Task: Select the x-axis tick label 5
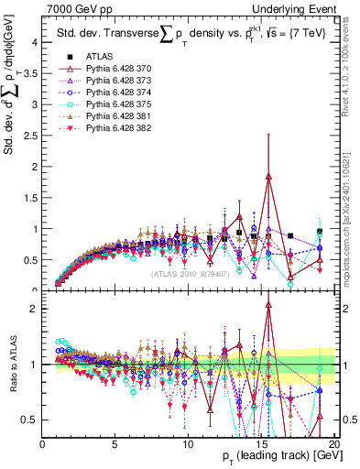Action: click(115, 444)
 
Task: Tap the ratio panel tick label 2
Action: click(34, 309)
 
